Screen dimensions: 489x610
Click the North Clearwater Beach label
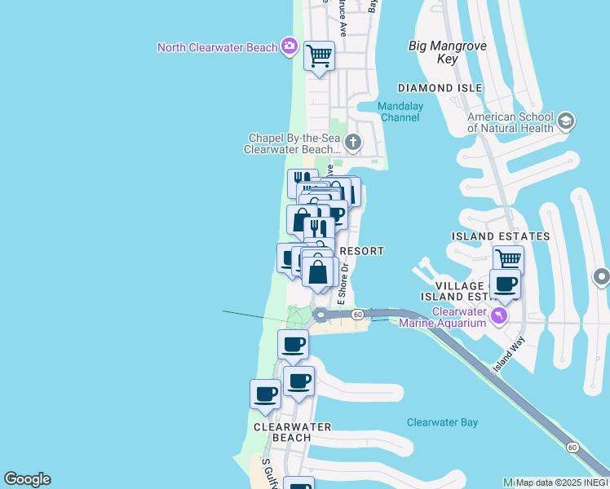[x=218, y=47]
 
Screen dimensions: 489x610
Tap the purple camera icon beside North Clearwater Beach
[x=288, y=46]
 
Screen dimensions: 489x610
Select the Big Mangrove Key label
[x=447, y=52]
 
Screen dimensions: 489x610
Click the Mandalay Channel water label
[x=399, y=112]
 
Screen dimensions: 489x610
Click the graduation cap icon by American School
[x=566, y=122]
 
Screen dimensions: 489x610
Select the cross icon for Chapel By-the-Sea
[x=352, y=143]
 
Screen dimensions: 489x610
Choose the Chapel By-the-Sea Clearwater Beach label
[x=294, y=143]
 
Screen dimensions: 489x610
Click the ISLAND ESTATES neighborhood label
[x=501, y=236]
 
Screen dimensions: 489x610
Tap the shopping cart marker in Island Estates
[x=508, y=259]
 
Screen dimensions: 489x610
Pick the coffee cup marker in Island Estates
[x=506, y=284]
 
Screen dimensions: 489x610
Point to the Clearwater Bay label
[x=442, y=422]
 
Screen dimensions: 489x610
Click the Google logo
[x=27, y=479]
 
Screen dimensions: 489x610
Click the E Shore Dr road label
[x=345, y=281]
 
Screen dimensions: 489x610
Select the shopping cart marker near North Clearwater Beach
[x=319, y=56]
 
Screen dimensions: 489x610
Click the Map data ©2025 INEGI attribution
[x=561, y=482]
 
